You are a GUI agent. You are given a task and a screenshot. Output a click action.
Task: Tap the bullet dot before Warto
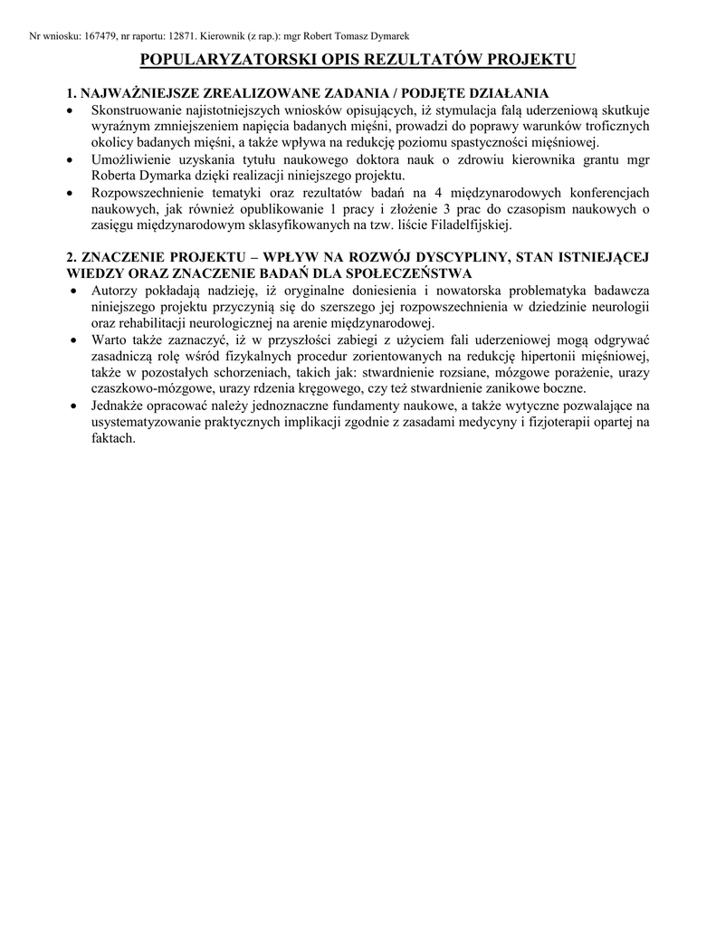(74, 339)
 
